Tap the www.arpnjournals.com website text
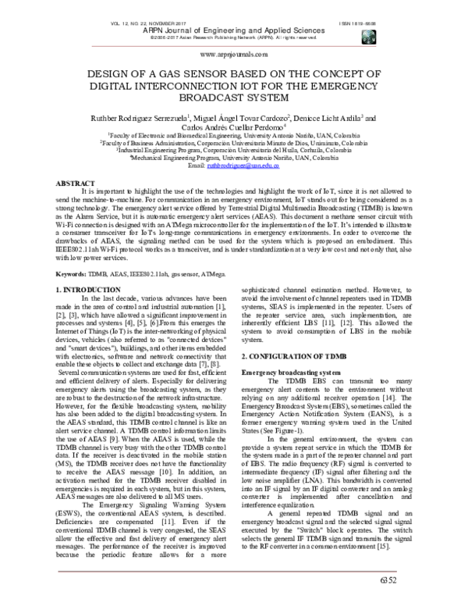point(234,55)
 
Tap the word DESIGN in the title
point(105,73)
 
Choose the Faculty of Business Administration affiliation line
point(234,144)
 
